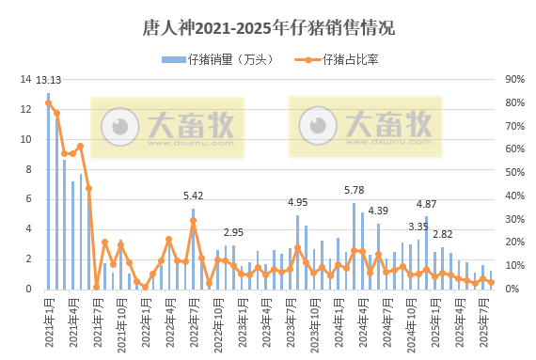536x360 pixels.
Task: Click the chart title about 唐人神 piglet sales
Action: (268, 28)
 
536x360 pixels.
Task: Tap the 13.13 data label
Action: (48, 81)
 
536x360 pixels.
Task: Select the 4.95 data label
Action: (297, 202)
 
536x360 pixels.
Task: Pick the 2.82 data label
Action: (442, 234)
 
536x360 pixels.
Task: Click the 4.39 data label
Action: (378, 211)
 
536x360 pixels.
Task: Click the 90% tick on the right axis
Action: (514, 79)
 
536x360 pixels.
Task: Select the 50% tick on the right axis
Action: (514, 173)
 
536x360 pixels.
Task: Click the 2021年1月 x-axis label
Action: (48, 320)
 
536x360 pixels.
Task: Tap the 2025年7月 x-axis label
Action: (482, 320)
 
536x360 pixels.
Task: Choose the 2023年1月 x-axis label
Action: (241, 320)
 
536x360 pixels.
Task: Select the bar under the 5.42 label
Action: (193, 249)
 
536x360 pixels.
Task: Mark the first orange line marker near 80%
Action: (49, 103)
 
